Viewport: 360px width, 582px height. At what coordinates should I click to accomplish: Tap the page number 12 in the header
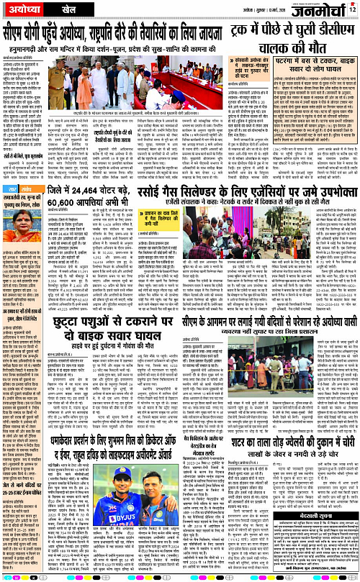(x=351, y=9)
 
